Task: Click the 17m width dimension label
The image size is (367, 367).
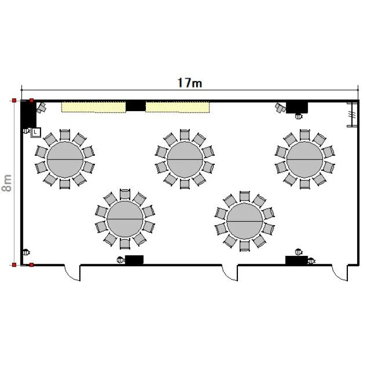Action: click(x=189, y=83)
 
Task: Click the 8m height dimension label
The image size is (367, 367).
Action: click(x=7, y=183)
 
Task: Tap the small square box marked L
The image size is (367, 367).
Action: click(x=36, y=132)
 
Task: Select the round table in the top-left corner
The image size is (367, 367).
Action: click(x=65, y=160)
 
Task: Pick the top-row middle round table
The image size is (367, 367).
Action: click(x=185, y=160)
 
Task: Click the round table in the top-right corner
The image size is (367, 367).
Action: click(x=305, y=160)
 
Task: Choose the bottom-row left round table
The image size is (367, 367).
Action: click(x=125, y=219)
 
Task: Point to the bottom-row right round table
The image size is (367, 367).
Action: click(x=245, y=221)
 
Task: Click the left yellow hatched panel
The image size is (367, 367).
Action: click(x=93, y=107)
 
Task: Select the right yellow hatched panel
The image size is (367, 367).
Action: click(x=178, y=107)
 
